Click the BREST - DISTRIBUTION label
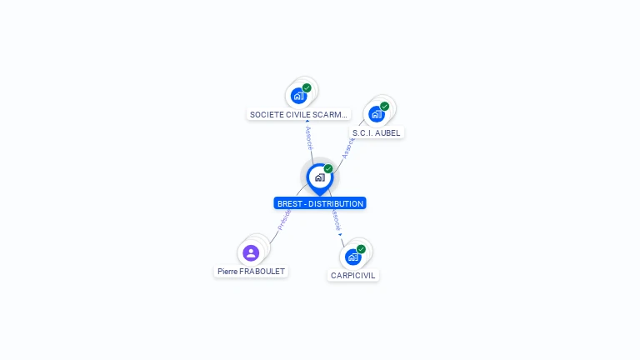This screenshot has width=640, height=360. (x=319, y=203)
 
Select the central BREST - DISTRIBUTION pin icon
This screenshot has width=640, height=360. (x=319, y=177)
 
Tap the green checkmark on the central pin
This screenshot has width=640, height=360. (x=328, y=169)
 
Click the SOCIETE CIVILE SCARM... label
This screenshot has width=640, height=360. (x=298, y=114)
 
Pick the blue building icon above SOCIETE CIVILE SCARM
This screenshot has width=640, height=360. (x=298, y=96)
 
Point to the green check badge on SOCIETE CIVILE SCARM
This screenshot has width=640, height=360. (x=307, y=87)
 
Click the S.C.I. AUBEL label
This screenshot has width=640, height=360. (x=376, y=132)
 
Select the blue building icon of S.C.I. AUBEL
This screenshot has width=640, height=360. (x=376, y=114)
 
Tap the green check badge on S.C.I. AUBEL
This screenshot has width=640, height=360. (x=384, y=106)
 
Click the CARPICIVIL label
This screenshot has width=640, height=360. (x=352, y=275)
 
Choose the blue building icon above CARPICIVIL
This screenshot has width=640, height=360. (x=352, y=257)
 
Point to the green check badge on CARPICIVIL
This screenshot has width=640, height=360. (x=361, y=248)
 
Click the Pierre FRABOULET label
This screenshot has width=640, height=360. (x=251, y=271)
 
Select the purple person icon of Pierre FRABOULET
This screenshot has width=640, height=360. (x=251, y=252)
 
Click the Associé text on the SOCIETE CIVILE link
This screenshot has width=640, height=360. (x=308, y=138)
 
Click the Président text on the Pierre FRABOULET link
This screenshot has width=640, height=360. (x=284, y=219)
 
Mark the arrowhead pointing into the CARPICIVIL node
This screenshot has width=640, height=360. (x=341, y=235)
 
